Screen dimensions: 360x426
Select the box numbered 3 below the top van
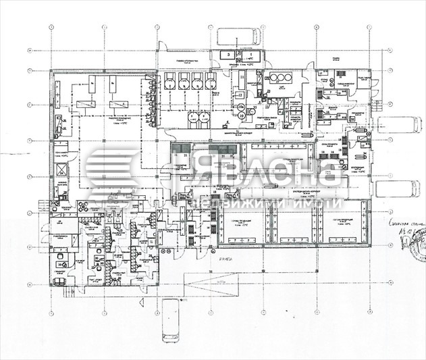point(229,54)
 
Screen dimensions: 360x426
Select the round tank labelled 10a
point(240,107)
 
